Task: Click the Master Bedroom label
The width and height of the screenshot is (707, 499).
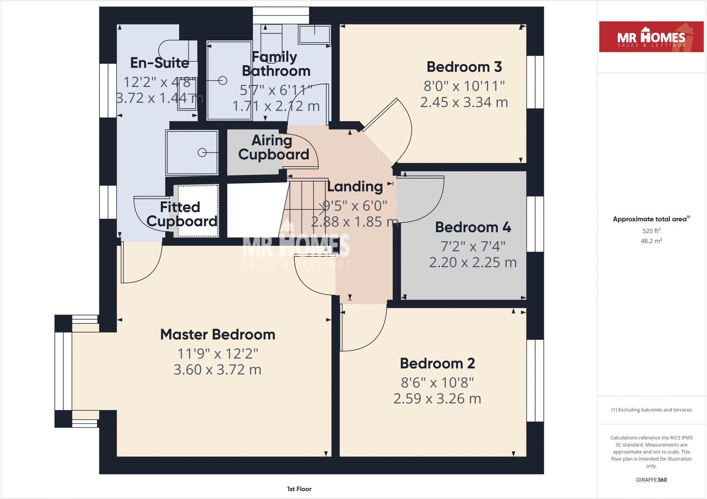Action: coord(217,334)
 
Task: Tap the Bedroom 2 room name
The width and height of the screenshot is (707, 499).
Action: coord(437,363)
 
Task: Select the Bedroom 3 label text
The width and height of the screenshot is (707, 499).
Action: coord(464,67)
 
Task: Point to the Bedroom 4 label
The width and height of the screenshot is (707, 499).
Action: coord(473,227)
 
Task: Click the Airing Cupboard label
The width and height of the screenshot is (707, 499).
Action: coord(273,147)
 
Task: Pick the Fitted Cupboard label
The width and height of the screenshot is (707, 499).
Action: coord(181,214)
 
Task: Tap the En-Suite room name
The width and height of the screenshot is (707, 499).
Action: coord(159,63)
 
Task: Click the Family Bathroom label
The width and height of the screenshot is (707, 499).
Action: coord(276,64)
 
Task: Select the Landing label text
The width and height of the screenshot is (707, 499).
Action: coord(355,187)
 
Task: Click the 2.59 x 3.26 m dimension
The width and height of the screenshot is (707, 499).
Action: coord(437,399)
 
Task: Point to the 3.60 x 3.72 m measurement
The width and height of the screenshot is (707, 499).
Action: coord(217,370)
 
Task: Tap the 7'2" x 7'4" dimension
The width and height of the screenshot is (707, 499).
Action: coord(473,246)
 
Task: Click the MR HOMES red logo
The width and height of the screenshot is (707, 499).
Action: coord(651,37)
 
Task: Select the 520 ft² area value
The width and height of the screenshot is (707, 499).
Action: coord(651,231)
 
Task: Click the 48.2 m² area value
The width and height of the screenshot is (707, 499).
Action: coord(651,241)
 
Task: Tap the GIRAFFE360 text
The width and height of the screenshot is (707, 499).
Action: coord(651,480)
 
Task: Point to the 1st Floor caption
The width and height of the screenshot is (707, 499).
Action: coord(299,489)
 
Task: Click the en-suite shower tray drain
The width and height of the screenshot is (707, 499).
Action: coord(202,153)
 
